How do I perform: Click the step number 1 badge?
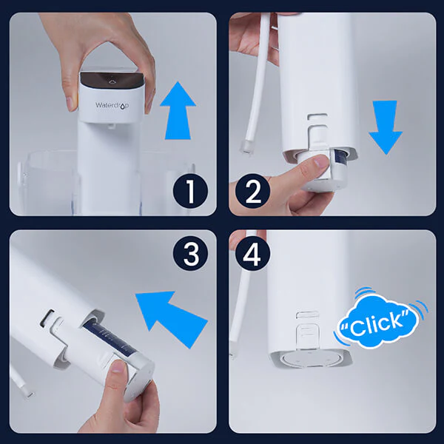click(190, 191)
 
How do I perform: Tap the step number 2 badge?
click(252, 191)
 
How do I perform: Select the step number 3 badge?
click(191, 253)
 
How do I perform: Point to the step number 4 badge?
click(252, 253)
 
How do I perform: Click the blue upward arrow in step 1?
click(178, 110)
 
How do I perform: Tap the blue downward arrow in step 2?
click(386, 127)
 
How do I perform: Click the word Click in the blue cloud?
click(376, 323)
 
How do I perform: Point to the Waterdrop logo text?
click(112, 105)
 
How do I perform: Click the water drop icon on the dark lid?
click(112, 81)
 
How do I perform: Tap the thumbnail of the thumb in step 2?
click(321, 161)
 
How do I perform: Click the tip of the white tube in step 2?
click(246, 147)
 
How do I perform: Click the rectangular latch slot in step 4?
click(308, 314)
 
